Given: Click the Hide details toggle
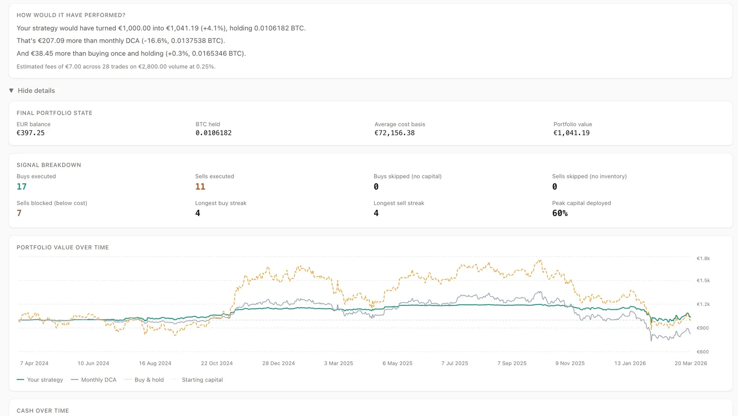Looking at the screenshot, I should [x=32, y=91].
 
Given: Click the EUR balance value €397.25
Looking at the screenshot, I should [x=30, y=133].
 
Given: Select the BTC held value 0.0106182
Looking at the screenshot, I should [x=214, y=133].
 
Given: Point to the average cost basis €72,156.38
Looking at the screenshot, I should [x=394, y=133].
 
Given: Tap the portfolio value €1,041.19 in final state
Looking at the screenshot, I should [x=571, y=133].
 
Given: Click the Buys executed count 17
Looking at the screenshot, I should [x=22, y=187].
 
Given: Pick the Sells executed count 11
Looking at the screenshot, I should [x=200, y=187].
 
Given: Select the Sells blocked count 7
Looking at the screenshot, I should [x=19, y=213].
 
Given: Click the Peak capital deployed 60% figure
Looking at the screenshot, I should [x=560, y=213].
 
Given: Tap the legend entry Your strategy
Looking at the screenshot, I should [x=40, y=380].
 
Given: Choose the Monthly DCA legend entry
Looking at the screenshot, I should [x=94, y=380].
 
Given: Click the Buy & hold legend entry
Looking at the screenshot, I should [x=144, y=380].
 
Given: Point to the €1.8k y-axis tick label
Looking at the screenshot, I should [x=703, y=258].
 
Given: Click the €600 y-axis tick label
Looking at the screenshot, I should [x=702, y=352].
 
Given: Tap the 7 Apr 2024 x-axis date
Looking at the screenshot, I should [x=34, y=363].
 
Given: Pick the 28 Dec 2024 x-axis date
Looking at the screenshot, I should [x=279, y=363].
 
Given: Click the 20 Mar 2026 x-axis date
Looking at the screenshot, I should [x=690, y=363].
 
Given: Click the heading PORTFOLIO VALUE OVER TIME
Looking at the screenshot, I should [x=63, y=247].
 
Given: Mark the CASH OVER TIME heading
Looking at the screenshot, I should [x=42, y=411].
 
